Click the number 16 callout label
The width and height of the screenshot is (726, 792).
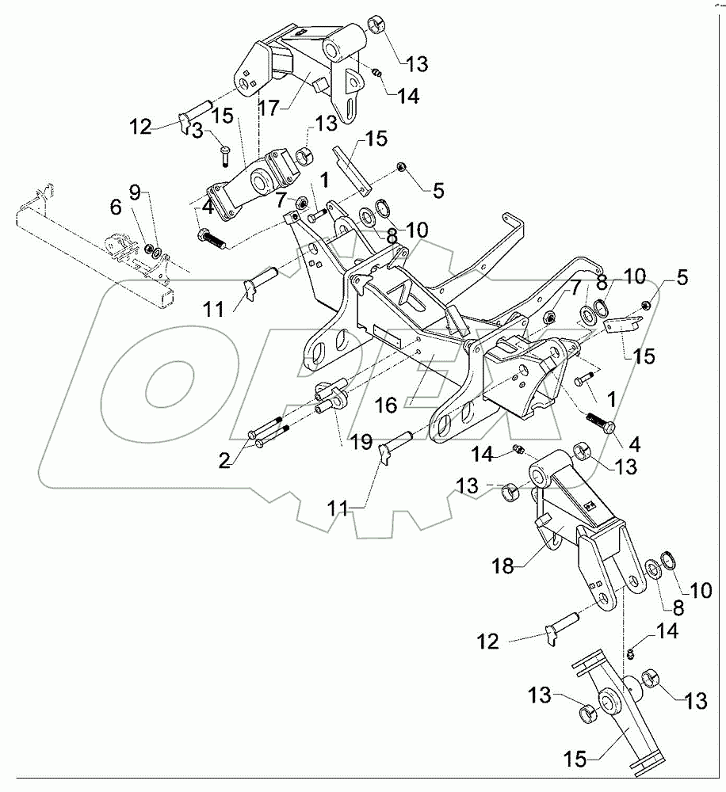(x=386, y=405)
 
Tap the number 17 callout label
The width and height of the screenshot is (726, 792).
(x=269, y=108)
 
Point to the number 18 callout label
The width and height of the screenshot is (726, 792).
(x=503, y=566)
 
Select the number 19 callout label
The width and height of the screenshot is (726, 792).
(x=361, y=443)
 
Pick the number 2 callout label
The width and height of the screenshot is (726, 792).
(x=224, y=460)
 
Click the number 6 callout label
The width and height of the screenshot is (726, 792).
(x=116, y=207)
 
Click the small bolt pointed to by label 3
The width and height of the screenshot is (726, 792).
(x=225, y=155)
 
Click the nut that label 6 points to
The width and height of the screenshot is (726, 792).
(x=150, y=249)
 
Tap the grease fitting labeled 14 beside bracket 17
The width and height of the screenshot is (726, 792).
(x=376, y=73)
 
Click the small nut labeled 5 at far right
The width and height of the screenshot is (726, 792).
(x=647, y=305)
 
